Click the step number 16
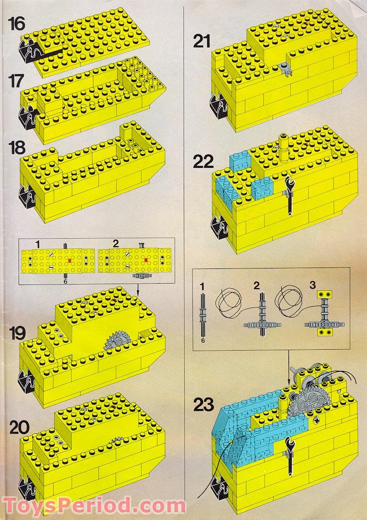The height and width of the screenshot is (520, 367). [16, 23]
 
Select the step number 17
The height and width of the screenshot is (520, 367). [16, 83]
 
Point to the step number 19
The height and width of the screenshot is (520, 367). [18, 333]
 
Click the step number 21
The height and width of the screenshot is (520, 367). [202, 42]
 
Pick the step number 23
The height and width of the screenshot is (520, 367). [203, 405]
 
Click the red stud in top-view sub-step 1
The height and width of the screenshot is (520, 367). [70, 260]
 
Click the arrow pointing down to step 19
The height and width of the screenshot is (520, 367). [138, 290]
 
